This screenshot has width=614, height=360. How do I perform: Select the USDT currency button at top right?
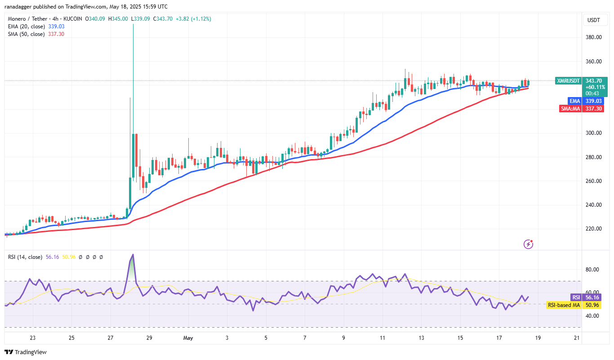pos(594,20)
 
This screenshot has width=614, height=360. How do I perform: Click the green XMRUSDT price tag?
pos(568,81)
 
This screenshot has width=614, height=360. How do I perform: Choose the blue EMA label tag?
pos(574,101)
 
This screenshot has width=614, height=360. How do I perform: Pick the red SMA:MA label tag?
pos(570,108)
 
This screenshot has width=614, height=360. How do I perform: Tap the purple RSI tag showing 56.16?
pos(576,298)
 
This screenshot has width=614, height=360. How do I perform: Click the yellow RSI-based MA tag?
pos(563,305)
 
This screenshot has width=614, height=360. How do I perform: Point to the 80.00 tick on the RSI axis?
pos(593,270)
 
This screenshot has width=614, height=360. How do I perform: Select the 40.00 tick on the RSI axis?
pos(593,316)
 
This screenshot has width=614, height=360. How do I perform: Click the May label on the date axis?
pos(188,338)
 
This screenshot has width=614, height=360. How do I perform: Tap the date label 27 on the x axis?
pos(110,338)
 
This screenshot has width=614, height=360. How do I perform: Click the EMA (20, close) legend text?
pos(26,27)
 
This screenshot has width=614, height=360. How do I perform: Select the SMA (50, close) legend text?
pos(26,34)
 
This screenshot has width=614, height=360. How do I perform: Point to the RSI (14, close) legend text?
pos(25,257)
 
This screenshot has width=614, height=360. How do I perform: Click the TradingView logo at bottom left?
pos(26,352)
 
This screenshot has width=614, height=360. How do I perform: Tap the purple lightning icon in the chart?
pos(529,244)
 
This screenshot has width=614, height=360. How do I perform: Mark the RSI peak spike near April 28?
pos(133,255)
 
